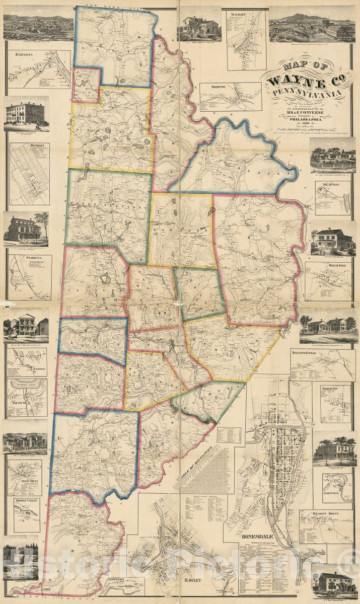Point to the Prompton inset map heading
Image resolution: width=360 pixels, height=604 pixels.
pyautogui.click(x=213, y=87)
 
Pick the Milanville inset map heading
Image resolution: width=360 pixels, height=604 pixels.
pyautogui.click(x=327, y=184)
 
